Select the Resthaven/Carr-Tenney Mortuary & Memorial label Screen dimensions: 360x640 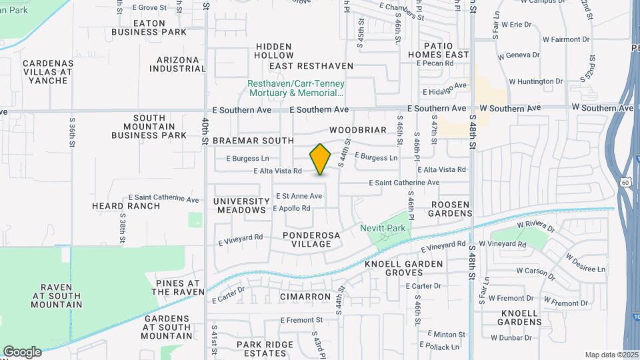296,89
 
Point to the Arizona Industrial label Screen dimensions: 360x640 175,64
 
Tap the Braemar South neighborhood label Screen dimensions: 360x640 253,141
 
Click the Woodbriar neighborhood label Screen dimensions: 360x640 357,130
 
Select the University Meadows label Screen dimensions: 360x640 240,205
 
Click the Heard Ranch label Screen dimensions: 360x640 126,206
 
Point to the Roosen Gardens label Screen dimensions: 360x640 451,209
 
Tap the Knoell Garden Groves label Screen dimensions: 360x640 403,269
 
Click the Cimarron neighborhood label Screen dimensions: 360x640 305,297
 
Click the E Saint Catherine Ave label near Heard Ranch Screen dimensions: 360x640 164,199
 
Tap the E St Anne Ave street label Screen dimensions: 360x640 299,196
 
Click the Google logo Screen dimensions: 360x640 22,352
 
